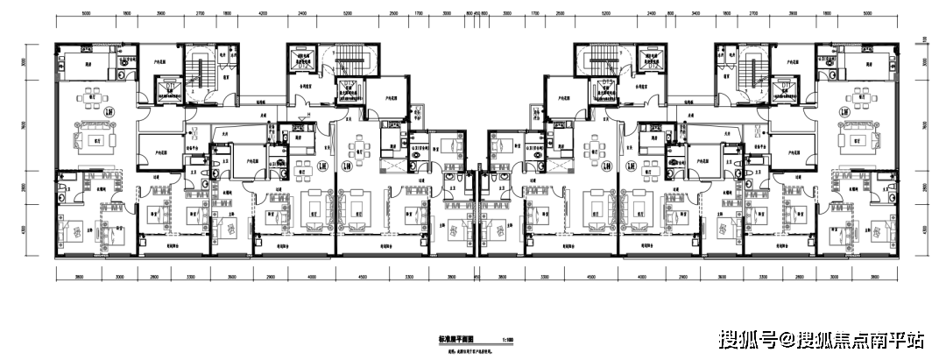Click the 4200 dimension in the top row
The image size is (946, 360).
pos(264,15)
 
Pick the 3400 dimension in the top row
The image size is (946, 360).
pos(695,15)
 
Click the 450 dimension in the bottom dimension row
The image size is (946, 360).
pos(476,277)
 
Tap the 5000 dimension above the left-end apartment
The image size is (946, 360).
pos(86,15)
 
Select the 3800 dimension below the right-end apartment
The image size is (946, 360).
pos(875,277)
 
